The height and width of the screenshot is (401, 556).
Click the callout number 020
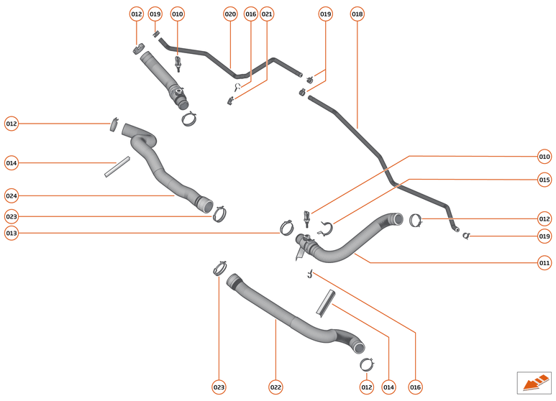pos(230,14)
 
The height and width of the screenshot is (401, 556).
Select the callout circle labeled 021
pos(267,14)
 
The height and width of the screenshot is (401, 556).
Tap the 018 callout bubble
pos(357,14)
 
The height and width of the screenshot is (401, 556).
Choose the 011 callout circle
pos(544,263)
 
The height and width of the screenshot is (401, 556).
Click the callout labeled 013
pos(11,233)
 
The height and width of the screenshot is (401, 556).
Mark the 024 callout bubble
pos(11,195)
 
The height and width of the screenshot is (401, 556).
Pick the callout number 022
pos(275,387)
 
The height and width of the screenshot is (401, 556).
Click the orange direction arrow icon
pos(534,382)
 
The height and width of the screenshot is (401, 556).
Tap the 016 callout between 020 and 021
pos(250,14)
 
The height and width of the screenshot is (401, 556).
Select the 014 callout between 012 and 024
pos(11,163)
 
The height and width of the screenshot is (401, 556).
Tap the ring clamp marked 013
pos(286,229)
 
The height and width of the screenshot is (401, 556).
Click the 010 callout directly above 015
pos(544,156)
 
